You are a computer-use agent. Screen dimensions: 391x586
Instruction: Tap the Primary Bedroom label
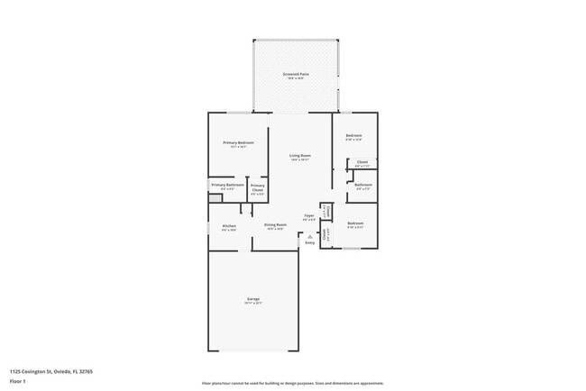[239, 142]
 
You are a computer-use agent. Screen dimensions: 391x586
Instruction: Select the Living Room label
[300, 155]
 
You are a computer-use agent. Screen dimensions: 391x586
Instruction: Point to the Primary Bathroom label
[227, 185]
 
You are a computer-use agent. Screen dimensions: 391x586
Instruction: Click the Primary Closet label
[258, 186]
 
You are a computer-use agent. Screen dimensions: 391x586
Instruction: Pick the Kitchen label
[229, 225]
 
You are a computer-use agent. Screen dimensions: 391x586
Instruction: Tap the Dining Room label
[275, 224]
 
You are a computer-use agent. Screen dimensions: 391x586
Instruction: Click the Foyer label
[308, 215]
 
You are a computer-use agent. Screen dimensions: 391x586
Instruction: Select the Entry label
[310, 242]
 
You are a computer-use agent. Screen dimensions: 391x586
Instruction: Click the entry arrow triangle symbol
[310, 236]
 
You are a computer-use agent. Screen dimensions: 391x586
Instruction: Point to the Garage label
[253, 298]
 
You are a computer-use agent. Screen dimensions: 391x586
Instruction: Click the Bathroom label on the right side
[363, 185]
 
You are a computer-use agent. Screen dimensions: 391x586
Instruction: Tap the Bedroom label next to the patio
[354, 135]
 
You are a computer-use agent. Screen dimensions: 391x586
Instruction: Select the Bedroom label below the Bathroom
[355, 223]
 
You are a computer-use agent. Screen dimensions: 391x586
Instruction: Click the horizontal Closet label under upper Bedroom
[362, 162]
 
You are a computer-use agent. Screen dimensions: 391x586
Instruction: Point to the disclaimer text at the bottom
[292, 382]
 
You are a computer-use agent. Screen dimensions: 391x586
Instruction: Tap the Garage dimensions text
[253, 304]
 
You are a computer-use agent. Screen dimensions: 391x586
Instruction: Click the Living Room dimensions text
[300, 160]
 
